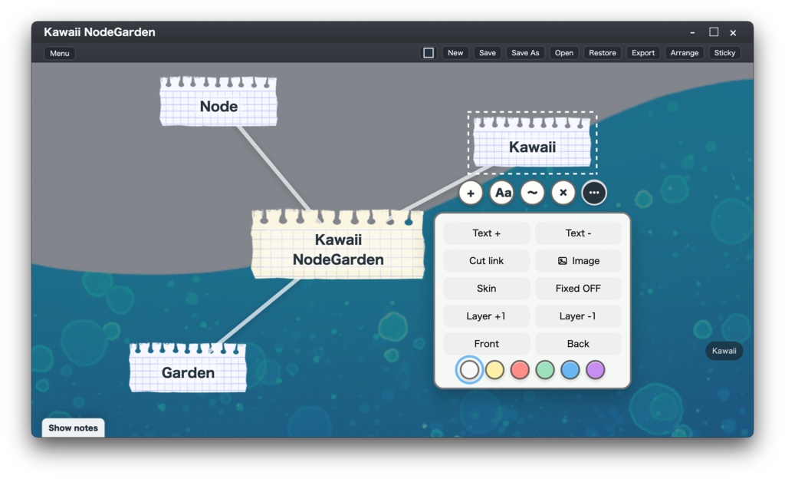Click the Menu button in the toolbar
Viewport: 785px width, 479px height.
click(60, 53)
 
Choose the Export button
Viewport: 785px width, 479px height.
click(643, 53)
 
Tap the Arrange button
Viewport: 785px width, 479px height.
click(685, 53)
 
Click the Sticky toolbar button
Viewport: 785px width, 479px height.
click(724, 53)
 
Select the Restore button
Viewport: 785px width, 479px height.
click(603, 53)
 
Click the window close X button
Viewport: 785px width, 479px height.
click(733, 32)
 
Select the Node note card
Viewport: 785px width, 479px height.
click(218, 101)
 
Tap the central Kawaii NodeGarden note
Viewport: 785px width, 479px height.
click(338, 244)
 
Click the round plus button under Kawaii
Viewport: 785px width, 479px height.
click(471, 193)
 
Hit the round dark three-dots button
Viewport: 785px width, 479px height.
click(594, 193)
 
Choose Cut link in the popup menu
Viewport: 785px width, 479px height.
click(486, 260)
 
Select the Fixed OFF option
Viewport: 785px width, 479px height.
click(578, 288)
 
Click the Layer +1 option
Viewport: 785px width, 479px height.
click(486, 316)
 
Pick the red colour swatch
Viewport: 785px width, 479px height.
click(520, 370)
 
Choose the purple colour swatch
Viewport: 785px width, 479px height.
click(595, 370)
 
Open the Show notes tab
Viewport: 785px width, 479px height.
click(73, 428)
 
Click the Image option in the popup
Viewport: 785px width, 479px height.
click(578, 260)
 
